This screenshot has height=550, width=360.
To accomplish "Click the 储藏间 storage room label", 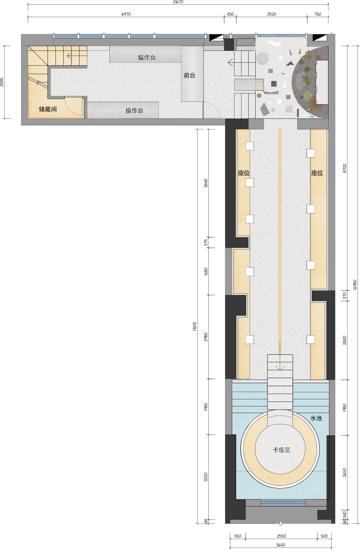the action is click(x=48, y=109).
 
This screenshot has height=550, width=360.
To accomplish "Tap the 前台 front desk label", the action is click(x=190, y=76).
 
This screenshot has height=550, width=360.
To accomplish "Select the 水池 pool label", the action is click(x=316, y=418).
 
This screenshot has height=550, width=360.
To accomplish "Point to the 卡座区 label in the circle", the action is click(x=281, y=450).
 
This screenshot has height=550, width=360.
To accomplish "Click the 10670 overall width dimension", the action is click(x=178, y=2).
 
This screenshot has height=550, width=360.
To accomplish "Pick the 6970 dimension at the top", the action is click(x=126, y=14).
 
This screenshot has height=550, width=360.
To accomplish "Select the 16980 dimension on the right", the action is click(x=355, y=285).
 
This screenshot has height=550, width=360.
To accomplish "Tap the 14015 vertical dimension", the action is click(x=194, y=326).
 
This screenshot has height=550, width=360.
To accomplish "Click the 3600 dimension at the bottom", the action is click(x=280, y=545).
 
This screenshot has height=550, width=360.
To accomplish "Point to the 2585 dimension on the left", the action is click(x=2, y=82).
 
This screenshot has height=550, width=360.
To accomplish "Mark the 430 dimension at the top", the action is click(x=230, y=14).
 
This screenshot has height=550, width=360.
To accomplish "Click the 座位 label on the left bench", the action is click(x=244, y=173).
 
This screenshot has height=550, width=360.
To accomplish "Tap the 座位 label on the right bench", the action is click(x=317, y=173).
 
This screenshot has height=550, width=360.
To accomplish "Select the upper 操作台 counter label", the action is click(x=147, y=58).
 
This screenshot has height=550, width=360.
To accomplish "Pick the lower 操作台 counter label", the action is click(x=134, y=111).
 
